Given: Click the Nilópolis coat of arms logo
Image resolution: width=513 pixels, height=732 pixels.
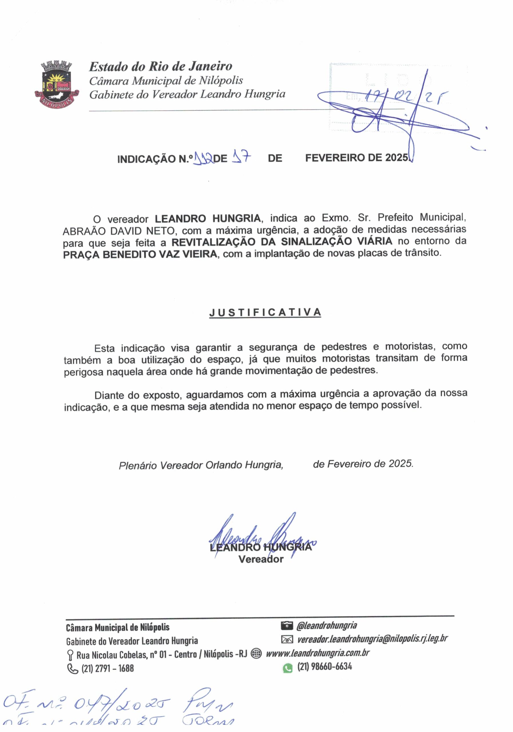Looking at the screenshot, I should tap(56, 84).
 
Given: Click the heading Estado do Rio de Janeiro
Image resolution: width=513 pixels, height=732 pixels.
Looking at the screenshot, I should tap(160, 66).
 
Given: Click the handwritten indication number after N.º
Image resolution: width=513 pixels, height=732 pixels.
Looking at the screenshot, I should tap(203, 158).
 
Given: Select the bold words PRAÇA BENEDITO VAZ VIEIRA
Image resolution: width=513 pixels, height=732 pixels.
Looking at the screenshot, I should tap(140, 255).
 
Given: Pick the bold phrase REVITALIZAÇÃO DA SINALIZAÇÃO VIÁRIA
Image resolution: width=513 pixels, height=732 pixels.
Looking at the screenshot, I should tap(282, 242).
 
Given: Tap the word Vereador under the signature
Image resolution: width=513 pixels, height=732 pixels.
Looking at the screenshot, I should tap(261, 559).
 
